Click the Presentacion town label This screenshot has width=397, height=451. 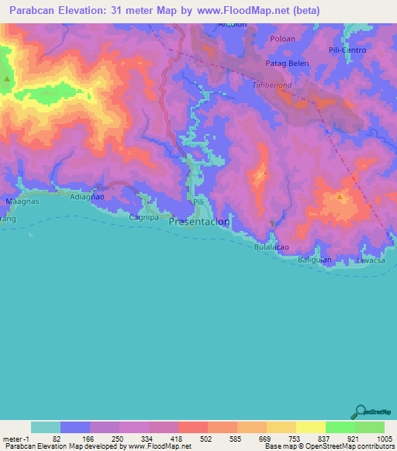coord(199,222)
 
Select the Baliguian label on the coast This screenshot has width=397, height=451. coord(315,260)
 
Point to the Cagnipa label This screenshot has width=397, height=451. coord(143,218)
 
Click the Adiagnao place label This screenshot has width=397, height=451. coord(88,198)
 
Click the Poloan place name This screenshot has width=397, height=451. coord(282,37)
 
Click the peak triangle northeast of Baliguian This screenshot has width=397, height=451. coord(340,198)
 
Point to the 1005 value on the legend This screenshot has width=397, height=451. coord(385,438)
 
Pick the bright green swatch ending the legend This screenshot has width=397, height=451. coord(370,427)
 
